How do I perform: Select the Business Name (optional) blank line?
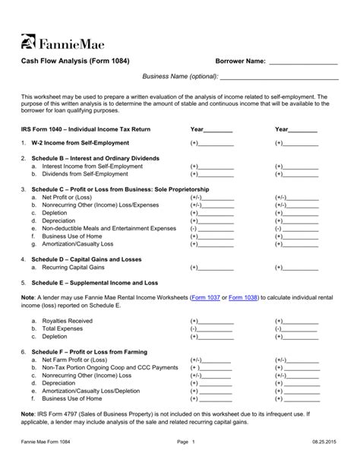[279, 77]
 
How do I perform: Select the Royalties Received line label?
[68, 321]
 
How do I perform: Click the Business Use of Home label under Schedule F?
[74, 398]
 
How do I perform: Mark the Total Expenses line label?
[64, 328]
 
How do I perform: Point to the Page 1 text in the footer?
[186, 442]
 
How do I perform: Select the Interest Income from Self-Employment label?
[92, 165]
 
